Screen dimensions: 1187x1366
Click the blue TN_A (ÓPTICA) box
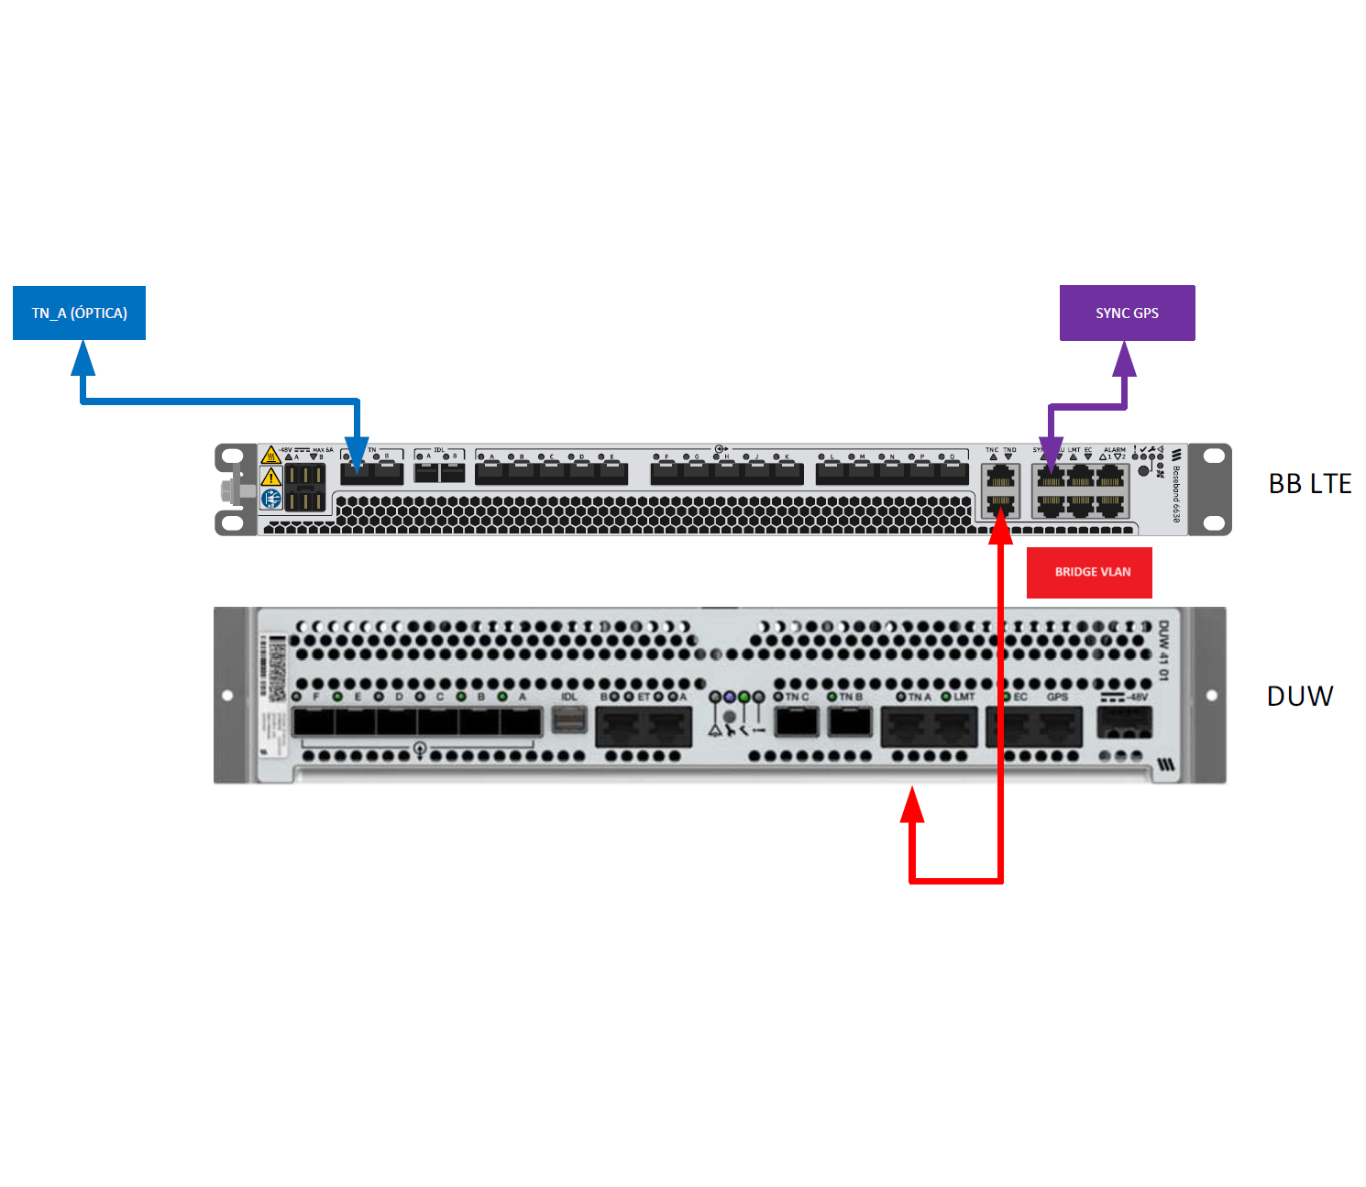coord(79,313)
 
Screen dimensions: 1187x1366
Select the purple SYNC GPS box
coord(1127,313)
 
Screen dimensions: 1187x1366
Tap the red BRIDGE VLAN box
coord(1089,572)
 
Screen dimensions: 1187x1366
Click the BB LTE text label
coord(1309,484)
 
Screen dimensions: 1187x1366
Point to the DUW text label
coord(1299,697)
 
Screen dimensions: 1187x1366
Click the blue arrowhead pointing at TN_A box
coord(83,357)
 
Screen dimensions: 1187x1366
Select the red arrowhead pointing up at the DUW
coord(911,807)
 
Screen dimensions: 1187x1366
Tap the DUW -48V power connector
coord(1124,723)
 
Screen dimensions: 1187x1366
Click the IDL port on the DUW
coord(569,720)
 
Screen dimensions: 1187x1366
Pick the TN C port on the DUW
coord(797,722)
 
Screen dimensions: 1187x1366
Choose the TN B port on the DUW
coord(850,722)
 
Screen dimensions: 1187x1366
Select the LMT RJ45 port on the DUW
coord(953,728)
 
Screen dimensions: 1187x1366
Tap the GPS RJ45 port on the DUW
coord(1059,728)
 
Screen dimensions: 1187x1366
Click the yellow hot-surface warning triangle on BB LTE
coord(270,455)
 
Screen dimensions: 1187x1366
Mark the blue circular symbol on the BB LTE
coord(270,499)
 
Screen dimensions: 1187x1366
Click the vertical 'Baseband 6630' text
coord(1176,495)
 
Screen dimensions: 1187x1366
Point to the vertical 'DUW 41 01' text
coord(1163,651)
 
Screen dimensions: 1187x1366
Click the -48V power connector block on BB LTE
coord(304,487)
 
